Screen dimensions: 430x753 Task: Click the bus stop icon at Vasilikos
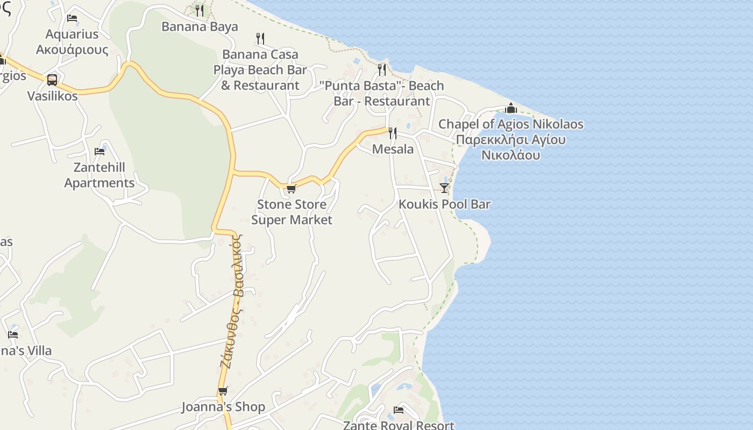52,80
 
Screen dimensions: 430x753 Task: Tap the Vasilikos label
53,96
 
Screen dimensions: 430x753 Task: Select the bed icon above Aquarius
72,18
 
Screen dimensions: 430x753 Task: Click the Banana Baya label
200,27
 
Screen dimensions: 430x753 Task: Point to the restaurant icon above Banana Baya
200,10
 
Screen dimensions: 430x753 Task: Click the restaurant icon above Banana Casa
260,38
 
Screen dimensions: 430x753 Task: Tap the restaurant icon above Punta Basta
382,69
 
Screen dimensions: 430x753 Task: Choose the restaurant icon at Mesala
393,133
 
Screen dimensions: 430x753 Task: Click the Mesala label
393,149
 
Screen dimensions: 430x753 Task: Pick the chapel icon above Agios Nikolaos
510,108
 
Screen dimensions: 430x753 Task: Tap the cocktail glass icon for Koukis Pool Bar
444,188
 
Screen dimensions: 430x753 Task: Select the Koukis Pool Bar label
444,204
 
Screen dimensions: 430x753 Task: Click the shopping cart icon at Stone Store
292,189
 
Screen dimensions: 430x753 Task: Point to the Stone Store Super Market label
292,212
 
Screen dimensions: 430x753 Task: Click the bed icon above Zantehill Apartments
100,152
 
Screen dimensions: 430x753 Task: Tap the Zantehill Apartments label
100,175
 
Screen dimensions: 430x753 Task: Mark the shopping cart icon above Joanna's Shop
223,391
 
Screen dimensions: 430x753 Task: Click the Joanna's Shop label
223,407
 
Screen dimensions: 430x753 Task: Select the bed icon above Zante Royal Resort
399,410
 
